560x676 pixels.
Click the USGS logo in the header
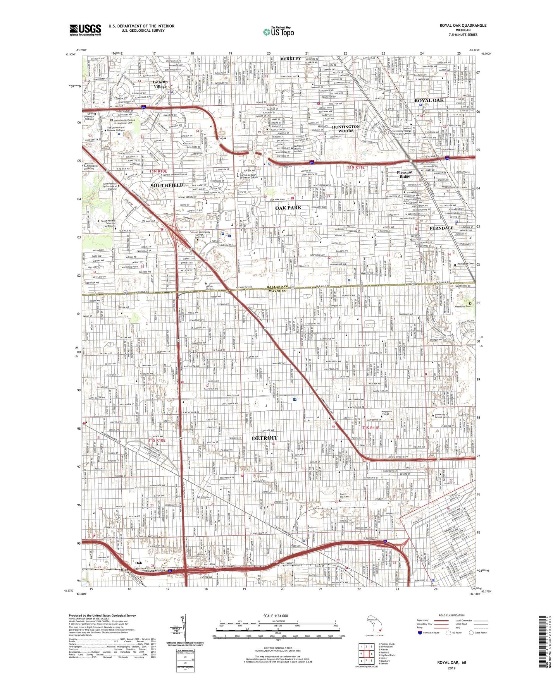click(x=85, y=29)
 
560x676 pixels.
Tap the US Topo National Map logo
click(x=278, y=32)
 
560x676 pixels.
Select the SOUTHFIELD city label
click(x=167, y=185)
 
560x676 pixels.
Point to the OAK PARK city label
click(x=288, y=208)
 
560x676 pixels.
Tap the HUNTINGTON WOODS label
click(x=346, y=129)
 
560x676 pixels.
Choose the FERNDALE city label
click(x=441, y=228)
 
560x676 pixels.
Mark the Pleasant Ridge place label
click(x=405, y=174)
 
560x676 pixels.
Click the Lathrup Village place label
click(x=160, y=84)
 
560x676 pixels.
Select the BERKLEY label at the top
click(x=291, y=58)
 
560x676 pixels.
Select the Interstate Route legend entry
click(x=428, y=633)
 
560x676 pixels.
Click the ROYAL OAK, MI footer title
click(x=451, y=662)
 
